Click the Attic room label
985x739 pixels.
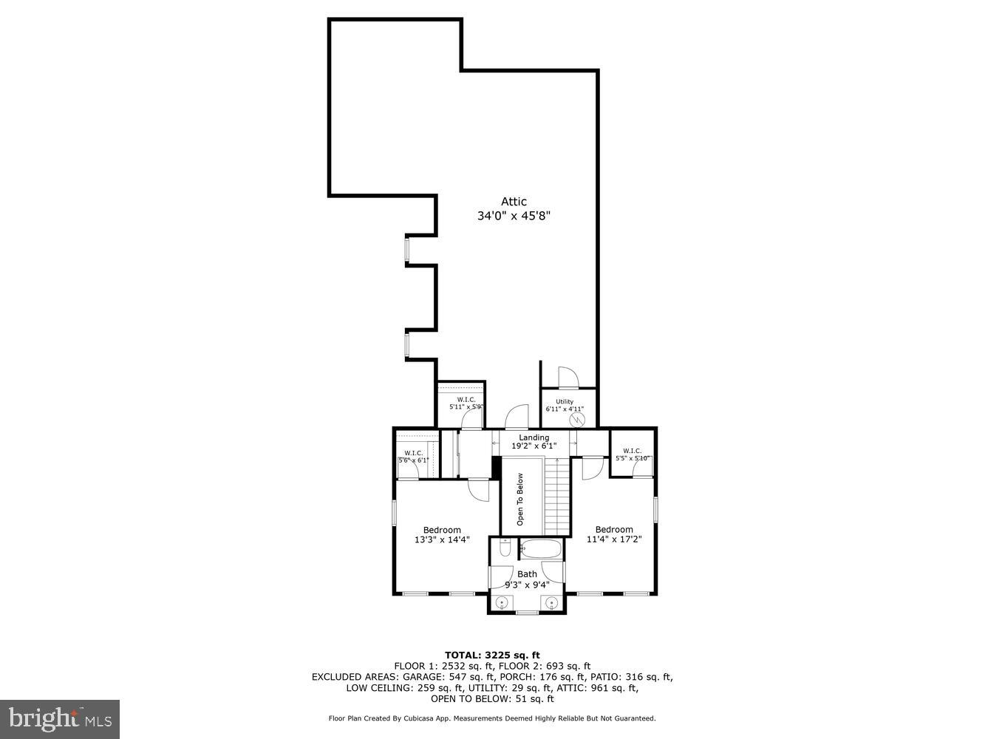click(x=514, y=202)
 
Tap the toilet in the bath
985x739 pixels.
click(x=505, y=548)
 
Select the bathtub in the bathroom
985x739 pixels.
click(x=541, y=549)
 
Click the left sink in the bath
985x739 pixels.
click(x=502, y=604)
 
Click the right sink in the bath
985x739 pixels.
click(x=551, y=604)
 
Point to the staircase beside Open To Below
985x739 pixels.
click(x=558, y=496)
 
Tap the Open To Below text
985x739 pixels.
click(x=520, y=499)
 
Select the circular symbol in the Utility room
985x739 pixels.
click(x=576, y=420)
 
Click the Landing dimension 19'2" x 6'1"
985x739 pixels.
click(x=534, y=446)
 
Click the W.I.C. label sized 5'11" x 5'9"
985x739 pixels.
click(x=466, y=403)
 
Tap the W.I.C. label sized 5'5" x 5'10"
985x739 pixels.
click(x=632, y=454)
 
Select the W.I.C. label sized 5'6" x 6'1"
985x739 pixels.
click(x=413, y=457)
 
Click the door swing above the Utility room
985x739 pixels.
click(x=568, y=377)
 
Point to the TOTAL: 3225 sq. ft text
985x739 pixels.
click(x=492, y=655)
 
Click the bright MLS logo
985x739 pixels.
click(x=60, y=718)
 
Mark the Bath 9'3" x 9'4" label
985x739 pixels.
click(x=527, y=579)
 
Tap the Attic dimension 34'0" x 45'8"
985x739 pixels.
click(x=514, y=217)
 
